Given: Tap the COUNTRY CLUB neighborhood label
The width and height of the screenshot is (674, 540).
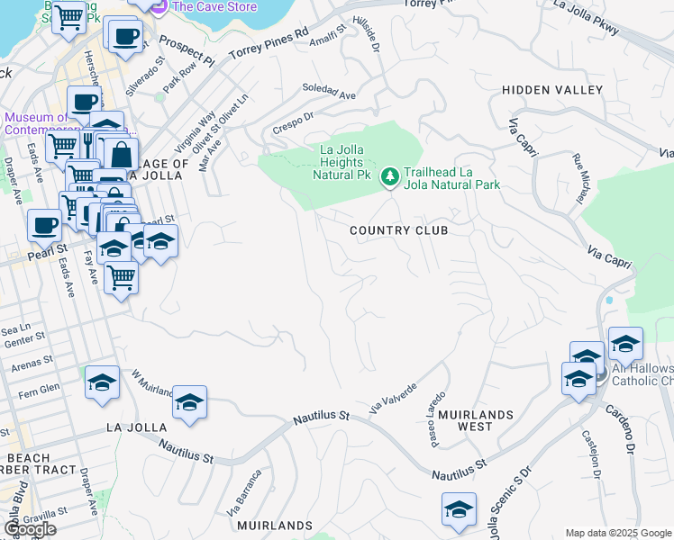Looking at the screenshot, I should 398,230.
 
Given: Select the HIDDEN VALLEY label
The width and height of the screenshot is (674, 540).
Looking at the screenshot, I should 552,90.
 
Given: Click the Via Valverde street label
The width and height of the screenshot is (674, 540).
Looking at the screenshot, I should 393,399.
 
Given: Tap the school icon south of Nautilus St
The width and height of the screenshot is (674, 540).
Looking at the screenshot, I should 459,509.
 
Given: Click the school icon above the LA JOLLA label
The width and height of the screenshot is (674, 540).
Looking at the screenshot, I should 189,402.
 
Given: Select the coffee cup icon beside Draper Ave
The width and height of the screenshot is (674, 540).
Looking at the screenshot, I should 44,226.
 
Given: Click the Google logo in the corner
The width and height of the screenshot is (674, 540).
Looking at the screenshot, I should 29,529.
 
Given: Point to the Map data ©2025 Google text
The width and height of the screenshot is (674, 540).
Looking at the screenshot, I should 618,533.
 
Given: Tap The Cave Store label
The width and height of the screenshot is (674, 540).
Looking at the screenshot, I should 214,6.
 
